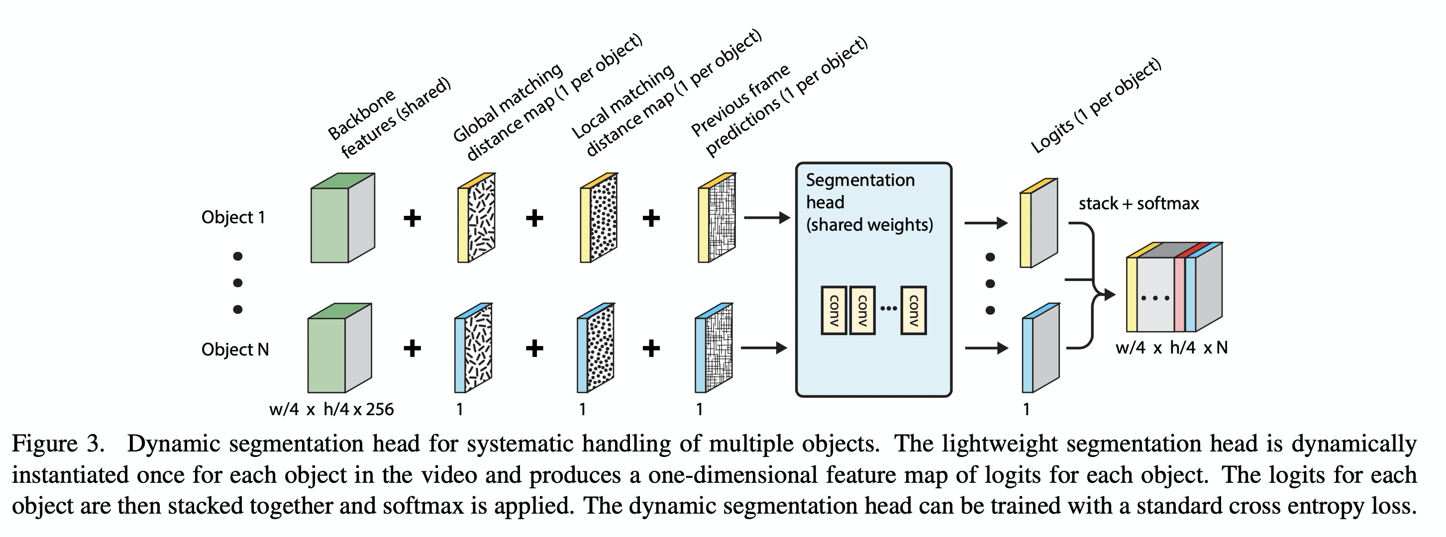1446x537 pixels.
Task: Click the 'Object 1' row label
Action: pos(233,217)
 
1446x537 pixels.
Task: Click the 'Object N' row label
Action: pos(235,350)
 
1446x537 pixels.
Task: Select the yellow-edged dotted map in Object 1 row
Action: pos(600,218)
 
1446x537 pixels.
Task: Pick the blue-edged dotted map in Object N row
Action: pos(596,349)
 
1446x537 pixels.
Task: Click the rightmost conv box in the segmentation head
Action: pos(913,310)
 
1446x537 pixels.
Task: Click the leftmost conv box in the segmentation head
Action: pos(833,310)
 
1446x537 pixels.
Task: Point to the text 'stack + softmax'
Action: pos(1138,203)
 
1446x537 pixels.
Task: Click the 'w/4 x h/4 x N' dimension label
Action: pos(1171,348)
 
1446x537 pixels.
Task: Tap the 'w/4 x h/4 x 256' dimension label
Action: pos(331,409)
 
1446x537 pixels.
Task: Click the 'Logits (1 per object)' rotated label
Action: pos(1095,106)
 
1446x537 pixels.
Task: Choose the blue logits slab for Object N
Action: pos(1040,349)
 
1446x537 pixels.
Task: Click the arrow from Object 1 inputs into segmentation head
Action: pos(766,218)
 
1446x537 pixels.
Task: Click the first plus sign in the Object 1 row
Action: pos(413,218)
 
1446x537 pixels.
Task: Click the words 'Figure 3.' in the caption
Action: pos(58,444)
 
